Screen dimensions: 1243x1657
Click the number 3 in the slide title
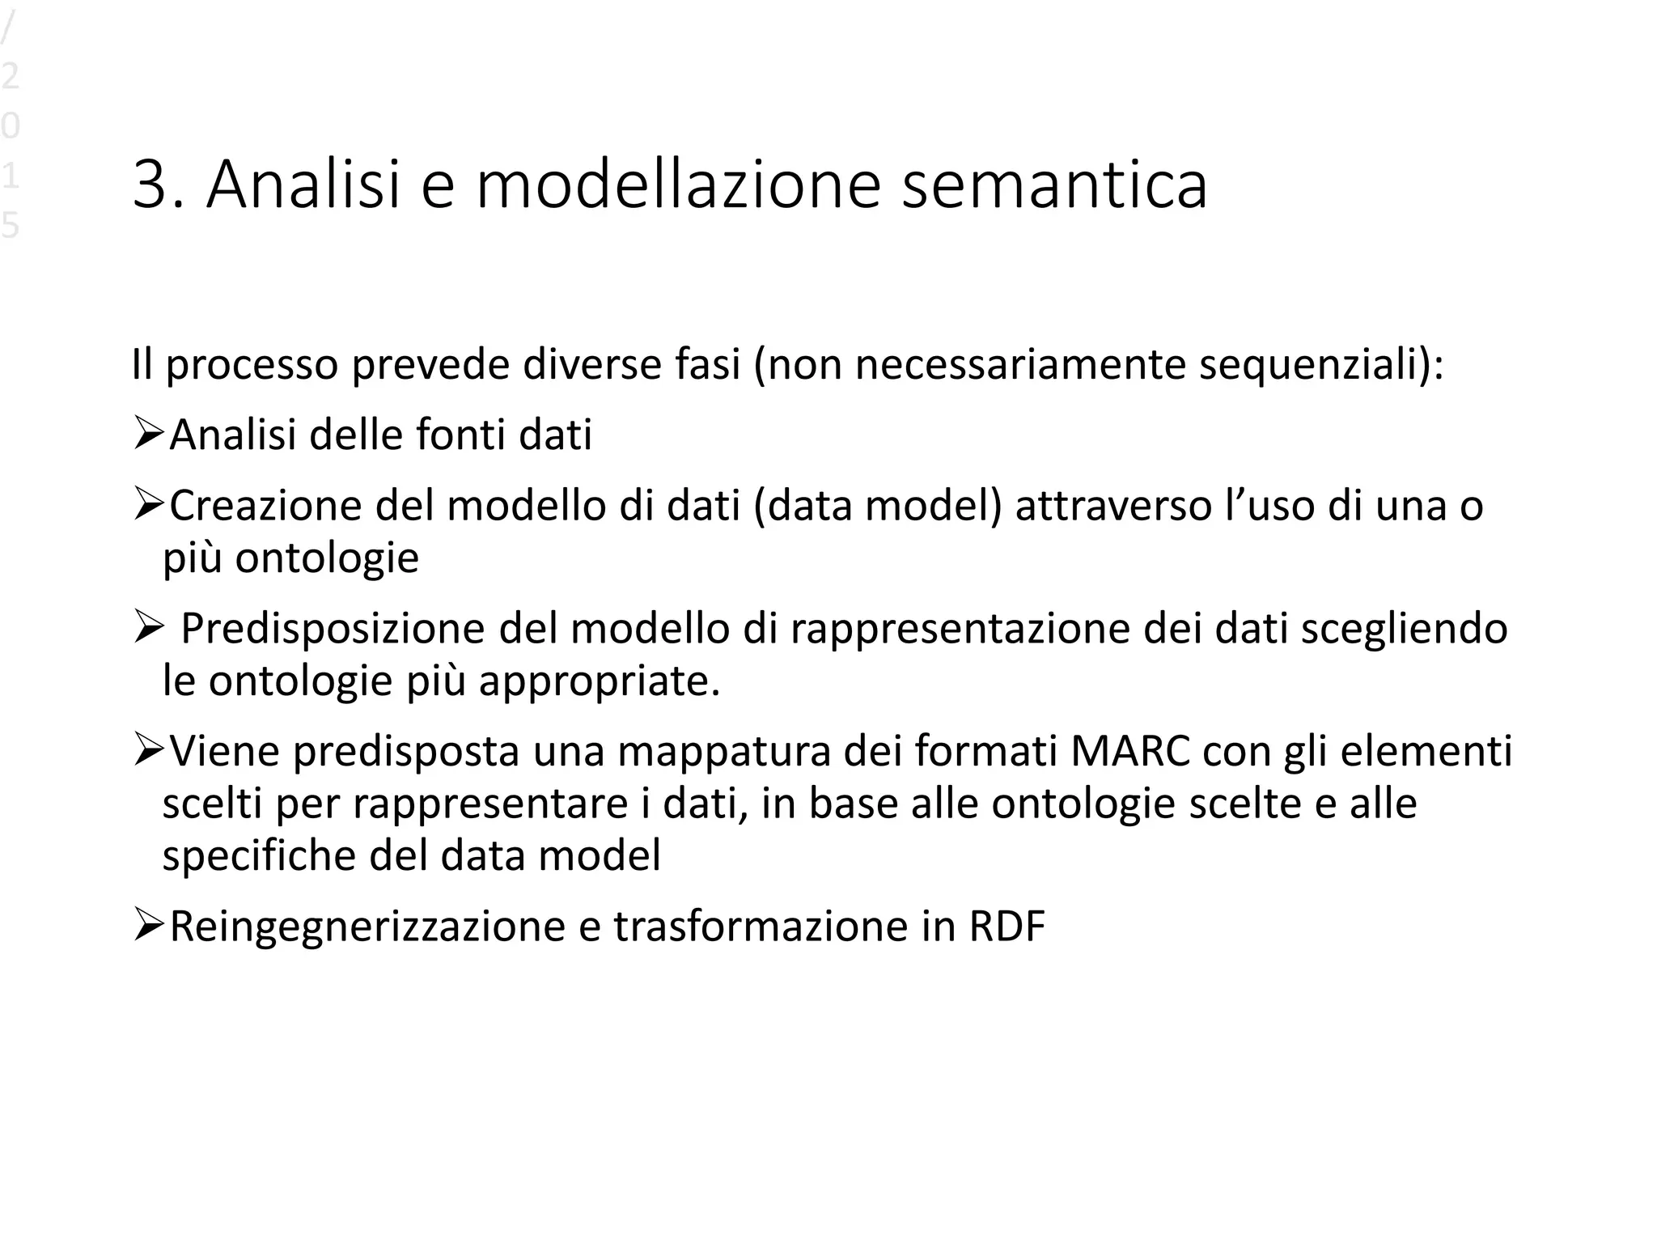[x=151, y=185]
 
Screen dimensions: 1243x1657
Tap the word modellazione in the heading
[x=677, y=185]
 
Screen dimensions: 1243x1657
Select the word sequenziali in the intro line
[x=1309, y=365]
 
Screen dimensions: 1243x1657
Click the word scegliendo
[x=1404, y=629]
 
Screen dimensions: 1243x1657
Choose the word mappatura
[x=724, y=751]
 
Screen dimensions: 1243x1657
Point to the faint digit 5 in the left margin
[x=10, y=226]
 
